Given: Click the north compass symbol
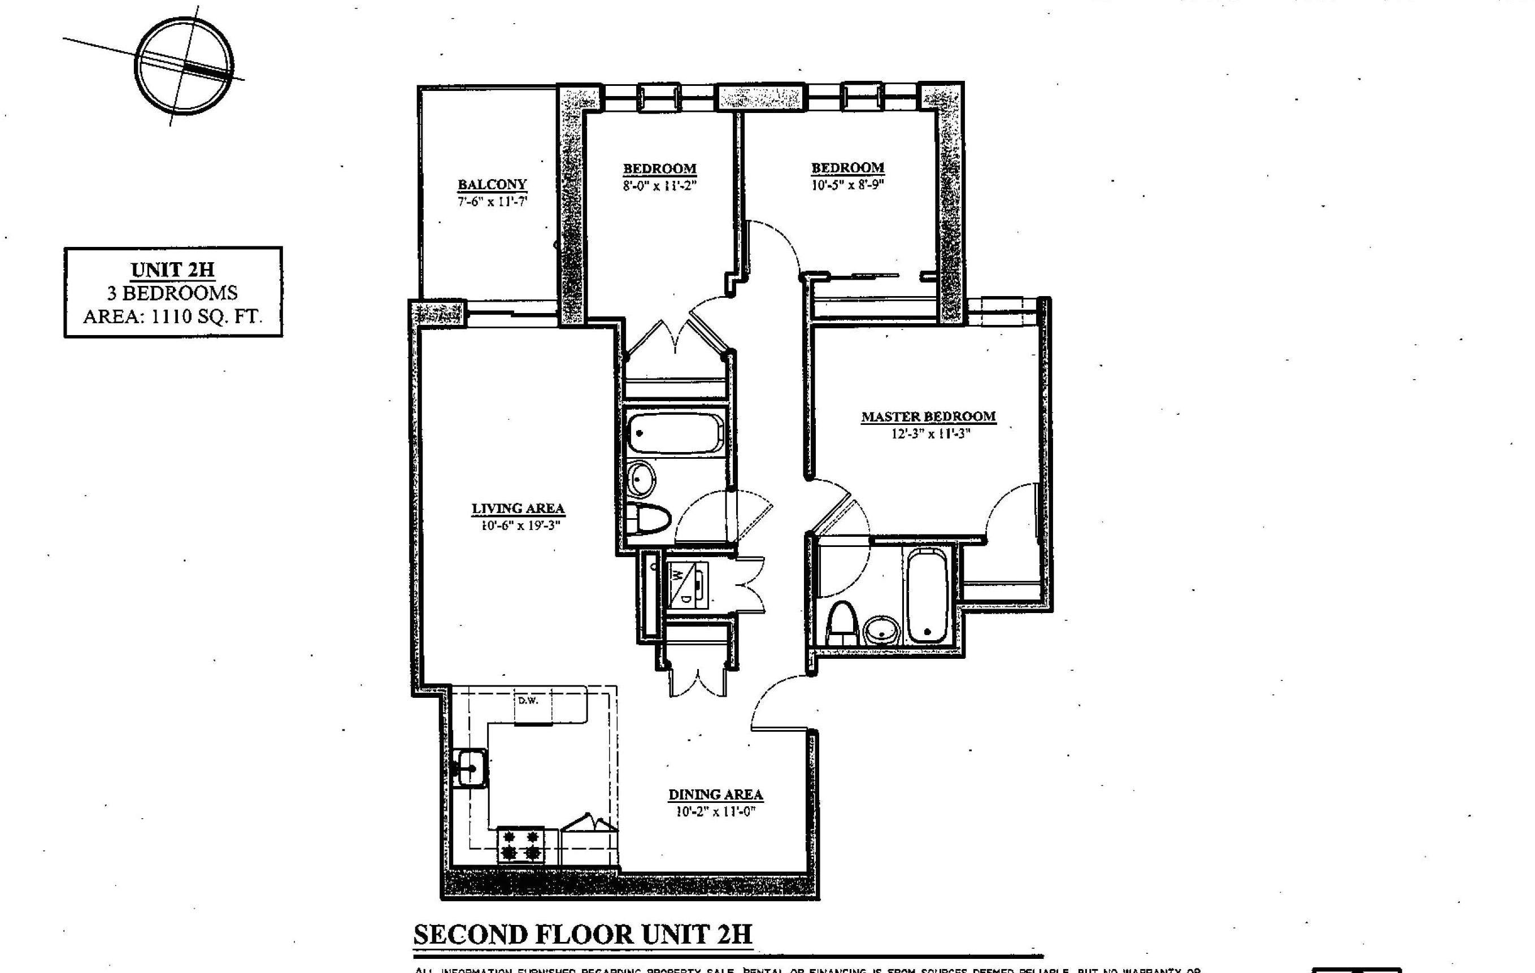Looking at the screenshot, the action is (x=184, y=66).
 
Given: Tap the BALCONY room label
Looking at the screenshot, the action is (x=492, y=185).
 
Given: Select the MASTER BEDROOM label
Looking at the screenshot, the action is (x=928, y=417).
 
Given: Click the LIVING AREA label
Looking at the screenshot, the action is (x=518, y=509).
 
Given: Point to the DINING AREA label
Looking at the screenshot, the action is (x=715, y=795).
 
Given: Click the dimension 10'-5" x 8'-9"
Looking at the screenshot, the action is (x=847, y=185).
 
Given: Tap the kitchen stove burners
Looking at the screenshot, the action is (x=521, y=845).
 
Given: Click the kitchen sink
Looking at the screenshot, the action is (x=471, y=768).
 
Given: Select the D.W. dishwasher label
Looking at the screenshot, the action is (x=528, y=701).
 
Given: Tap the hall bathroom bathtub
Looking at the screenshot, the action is (x=675, y=433).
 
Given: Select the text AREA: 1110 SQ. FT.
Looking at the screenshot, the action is (x=173, y=316).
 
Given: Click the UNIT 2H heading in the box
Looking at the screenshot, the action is (x=173, y=270).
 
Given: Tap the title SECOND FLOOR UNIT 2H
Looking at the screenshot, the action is (x=582, y=935).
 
